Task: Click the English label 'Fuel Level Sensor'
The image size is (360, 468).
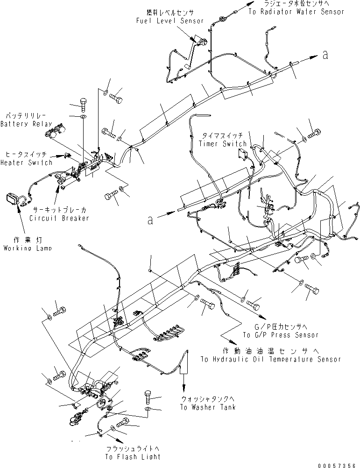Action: [170, 21]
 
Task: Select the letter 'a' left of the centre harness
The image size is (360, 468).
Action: [150, 220]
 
